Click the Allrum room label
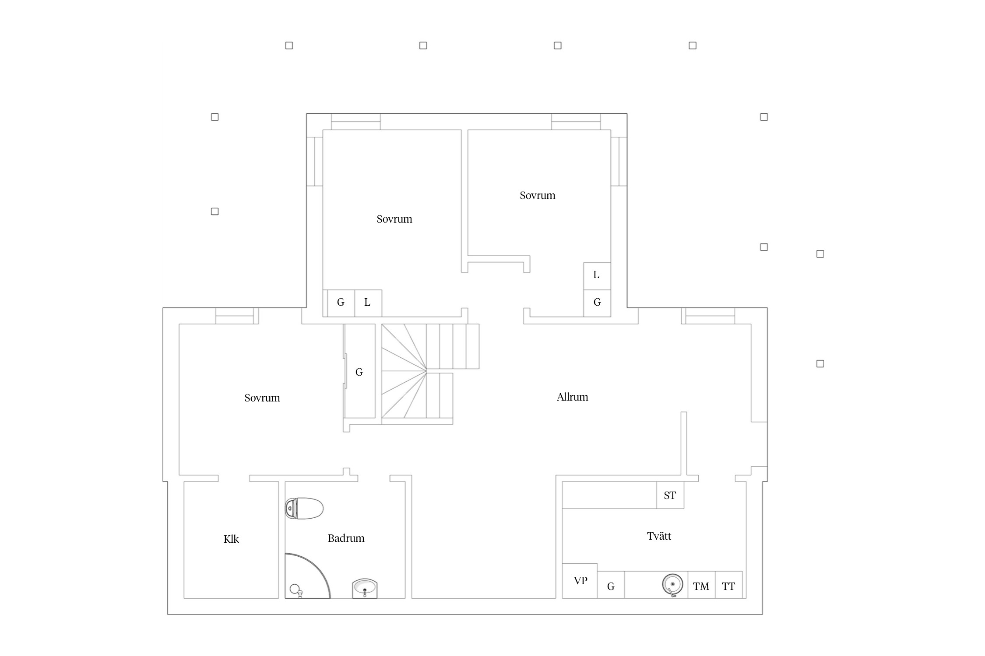pyautogui.click(x=572, y=397)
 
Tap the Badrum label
pyautogui.click(x=346, y=538)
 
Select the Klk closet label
pyautogui.click(x=231, y=539)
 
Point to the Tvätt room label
pyautogui.click(x=659, y=536)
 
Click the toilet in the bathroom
pyautogui.click(x=304, y=508)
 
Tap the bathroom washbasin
pyautogui.click(x=365, y=588)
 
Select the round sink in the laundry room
pyautogui.click(x=672, y=585)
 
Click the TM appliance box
pyautogui.click(x=701, y=585)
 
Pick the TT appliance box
pyautogui.click(x=729, y=585)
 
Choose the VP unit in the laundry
pyautogui.click(x=580, y=581)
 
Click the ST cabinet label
pyautogui.click(x=670, y=495)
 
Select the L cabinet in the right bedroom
pyautogui.click(x=597, y=276)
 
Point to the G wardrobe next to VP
pyautogui.click(x=611, y=585)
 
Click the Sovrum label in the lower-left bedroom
pyautogui.click(x=262, y=398)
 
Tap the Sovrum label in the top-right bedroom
pyautogui.click(x=537, y=195)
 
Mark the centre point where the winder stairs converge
pyautogui.click(x=426, y=371)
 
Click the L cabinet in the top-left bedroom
pyautogui.click(x=368, y=303)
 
